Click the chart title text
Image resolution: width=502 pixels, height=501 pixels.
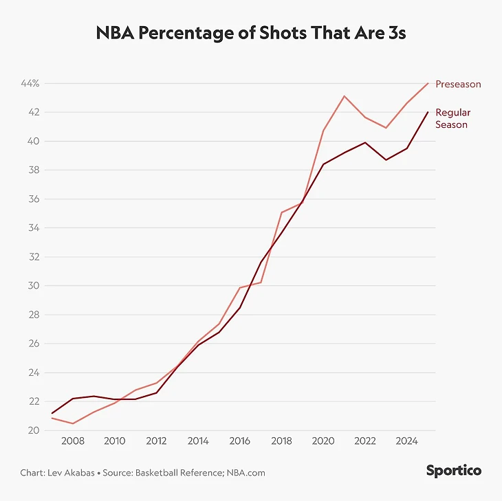[250, 33]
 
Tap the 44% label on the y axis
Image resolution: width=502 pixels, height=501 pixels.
[30, 84]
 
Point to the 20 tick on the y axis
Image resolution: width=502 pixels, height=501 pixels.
[32, 431]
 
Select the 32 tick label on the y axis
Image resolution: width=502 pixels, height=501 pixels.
[32, 257]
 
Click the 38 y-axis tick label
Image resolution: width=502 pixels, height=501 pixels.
[32, 170]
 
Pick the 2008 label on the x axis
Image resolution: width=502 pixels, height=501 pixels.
[73, 441]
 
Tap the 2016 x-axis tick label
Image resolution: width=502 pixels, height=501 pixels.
[239, 441]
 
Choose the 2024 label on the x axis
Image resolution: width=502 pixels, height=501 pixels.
[406, 441]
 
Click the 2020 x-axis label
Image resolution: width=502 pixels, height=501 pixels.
[323, 441]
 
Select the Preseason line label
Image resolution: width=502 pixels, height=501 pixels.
[458, 85]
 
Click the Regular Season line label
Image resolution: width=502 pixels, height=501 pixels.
[452, 118]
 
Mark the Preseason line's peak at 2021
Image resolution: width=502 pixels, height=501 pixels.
[345, 96]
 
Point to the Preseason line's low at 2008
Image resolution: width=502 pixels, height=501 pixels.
[73, 423]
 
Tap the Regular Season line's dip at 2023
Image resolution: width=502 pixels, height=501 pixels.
[386, 160]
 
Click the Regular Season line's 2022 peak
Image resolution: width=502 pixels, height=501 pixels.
[365, 142]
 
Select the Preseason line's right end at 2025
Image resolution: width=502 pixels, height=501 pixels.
[428, 84]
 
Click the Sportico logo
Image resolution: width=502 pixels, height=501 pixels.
[453, 471]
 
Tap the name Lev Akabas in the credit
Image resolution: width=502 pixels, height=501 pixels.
[69, 473]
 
